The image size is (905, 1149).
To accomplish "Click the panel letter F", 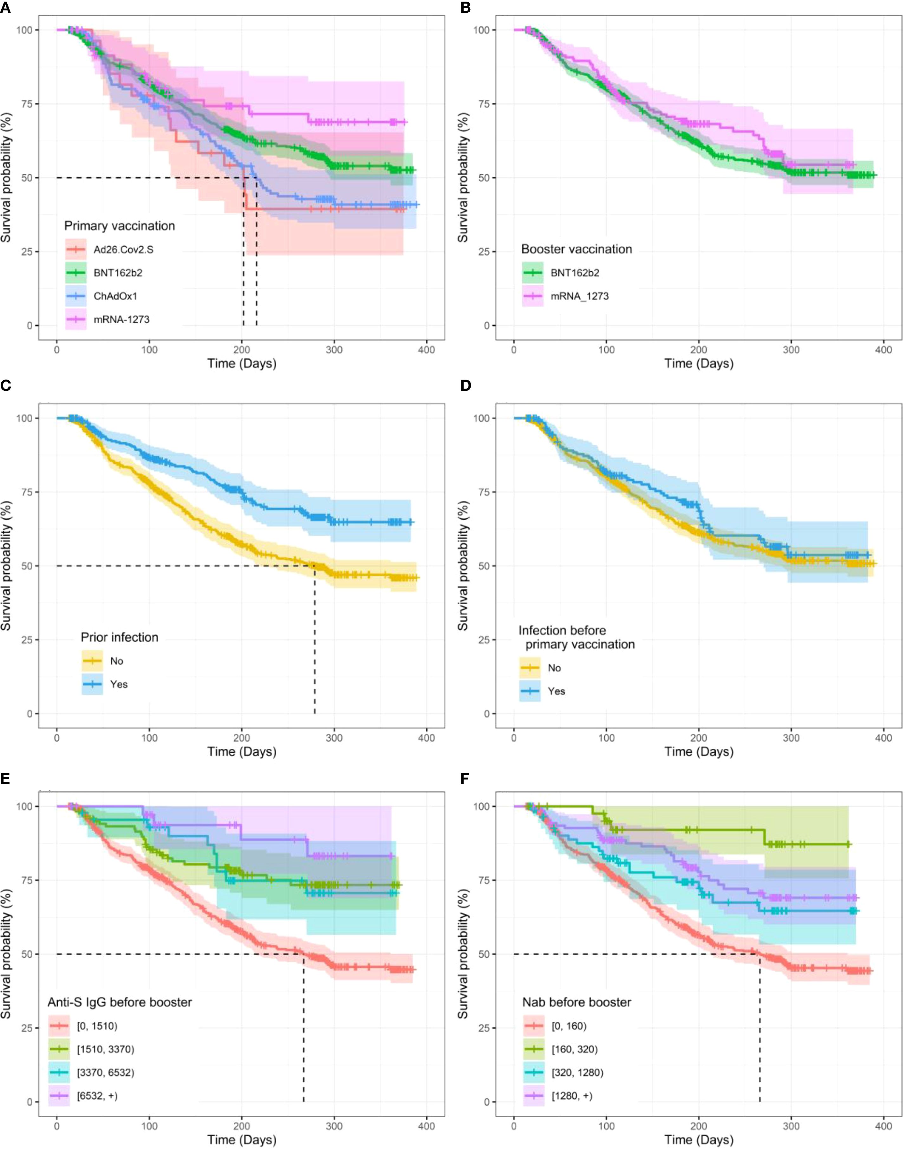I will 465,778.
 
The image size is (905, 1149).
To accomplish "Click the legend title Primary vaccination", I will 119,226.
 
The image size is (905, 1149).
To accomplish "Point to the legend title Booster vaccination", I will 576,249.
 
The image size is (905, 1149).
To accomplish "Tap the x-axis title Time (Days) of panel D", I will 699,751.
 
